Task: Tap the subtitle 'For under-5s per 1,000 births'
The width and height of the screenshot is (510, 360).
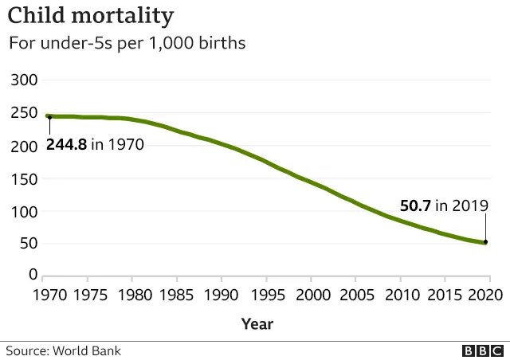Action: [x=127, y=43]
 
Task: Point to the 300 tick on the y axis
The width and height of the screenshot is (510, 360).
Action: [x=24, y=80]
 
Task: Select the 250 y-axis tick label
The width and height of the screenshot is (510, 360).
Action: [x=24, y=113]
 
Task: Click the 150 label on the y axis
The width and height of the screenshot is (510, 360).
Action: [x=24, y=178]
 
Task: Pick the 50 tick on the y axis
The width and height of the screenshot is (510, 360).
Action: [x=28, y=243]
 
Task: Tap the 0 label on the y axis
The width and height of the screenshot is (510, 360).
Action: [x=33, y=275]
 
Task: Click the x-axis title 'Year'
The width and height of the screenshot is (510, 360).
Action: [x=257, y=323]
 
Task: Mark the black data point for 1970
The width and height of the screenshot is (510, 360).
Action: [x=49, y=117]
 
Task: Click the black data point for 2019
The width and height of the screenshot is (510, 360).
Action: [x=484, y=242]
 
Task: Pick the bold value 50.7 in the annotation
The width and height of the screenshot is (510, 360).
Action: [x=415, y=205]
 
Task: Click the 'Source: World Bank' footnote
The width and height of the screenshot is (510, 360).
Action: [x=64, y=350]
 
